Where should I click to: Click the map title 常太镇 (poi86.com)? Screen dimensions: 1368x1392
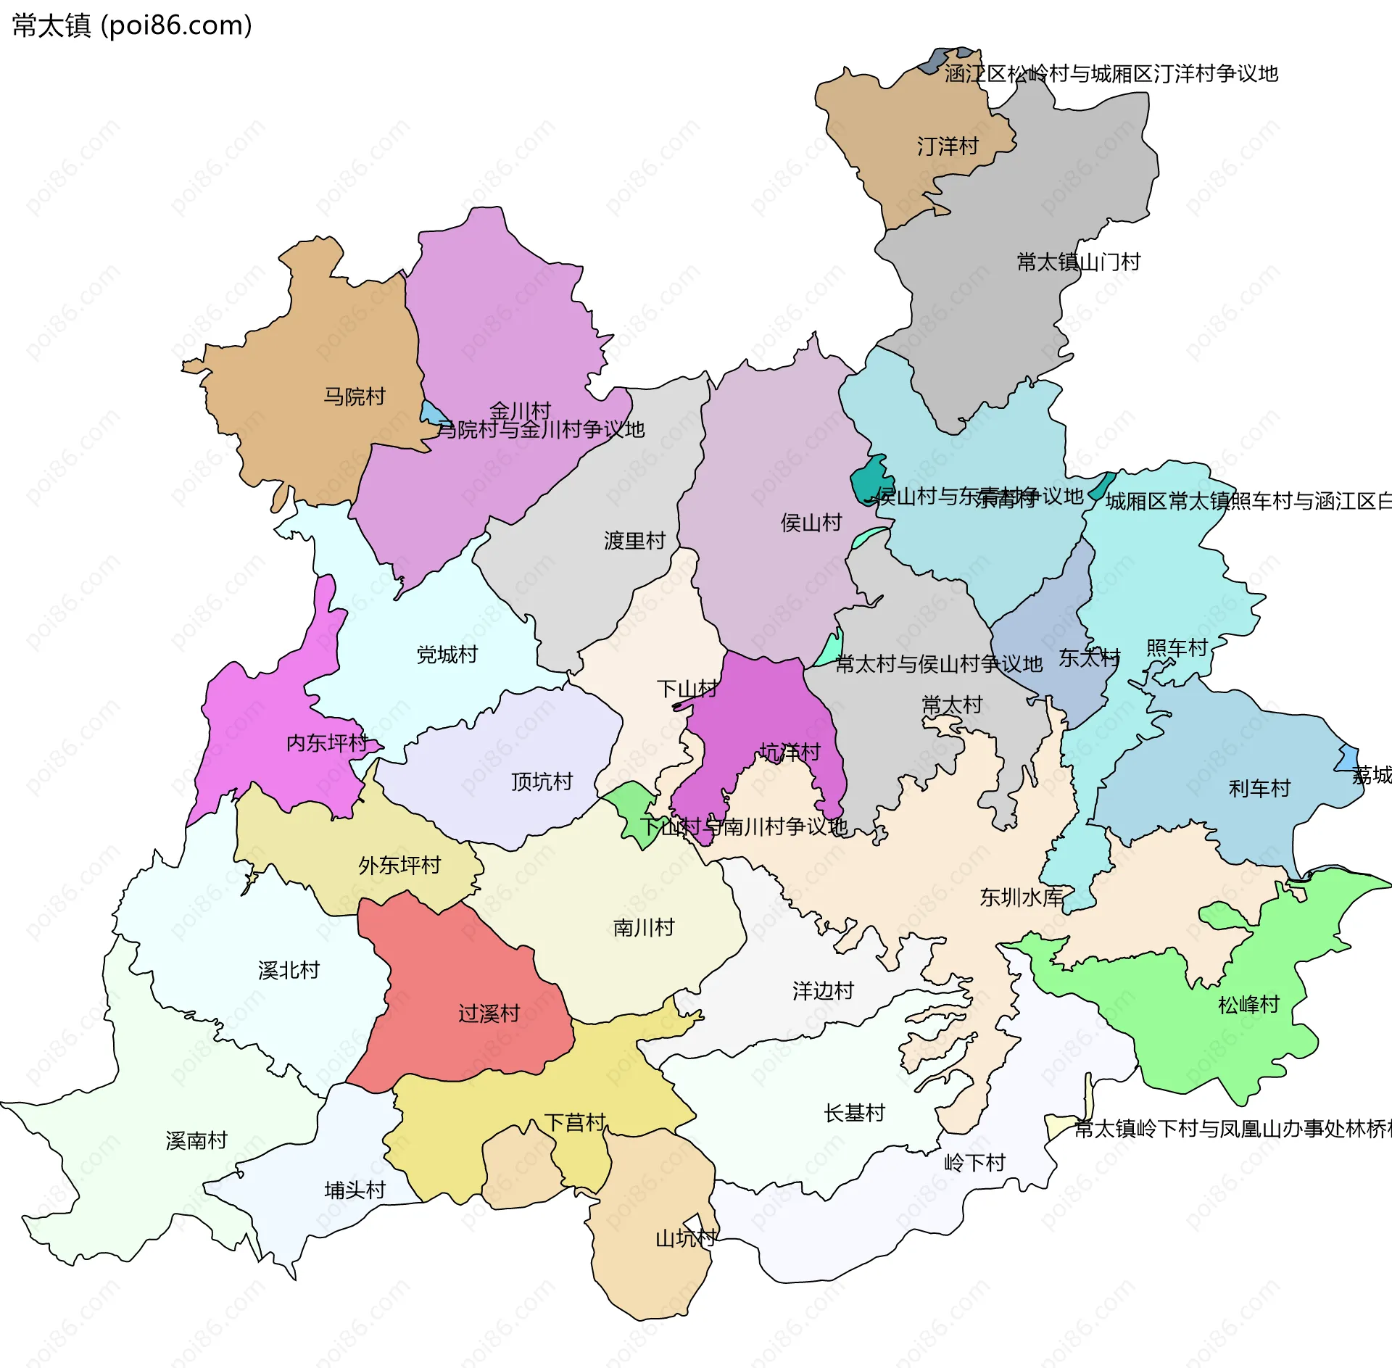[132, 26]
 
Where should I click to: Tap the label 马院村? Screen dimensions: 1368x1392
[354, 397]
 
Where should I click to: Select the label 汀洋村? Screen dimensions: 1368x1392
[948, 146]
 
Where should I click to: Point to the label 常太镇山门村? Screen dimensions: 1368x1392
[1078, 262]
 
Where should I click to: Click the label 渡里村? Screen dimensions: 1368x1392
[634, 540]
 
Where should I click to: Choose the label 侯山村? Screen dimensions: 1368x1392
[811, 522]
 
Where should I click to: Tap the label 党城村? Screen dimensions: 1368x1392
[447, 655]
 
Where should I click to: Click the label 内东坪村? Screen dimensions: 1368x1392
[327, 742]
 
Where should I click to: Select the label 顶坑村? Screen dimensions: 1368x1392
[542, 782]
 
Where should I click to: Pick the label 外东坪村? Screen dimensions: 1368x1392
[399, 865]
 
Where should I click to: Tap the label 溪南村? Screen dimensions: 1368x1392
[196, 1140]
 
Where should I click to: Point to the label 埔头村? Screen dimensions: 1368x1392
[355, 1190]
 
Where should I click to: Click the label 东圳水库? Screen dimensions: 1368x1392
[1021, 898]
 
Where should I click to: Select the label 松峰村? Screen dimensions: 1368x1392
[1248, 1005]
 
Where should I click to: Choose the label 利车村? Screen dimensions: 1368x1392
[1259, 788]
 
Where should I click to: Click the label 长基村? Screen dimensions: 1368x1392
[854, 1113]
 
